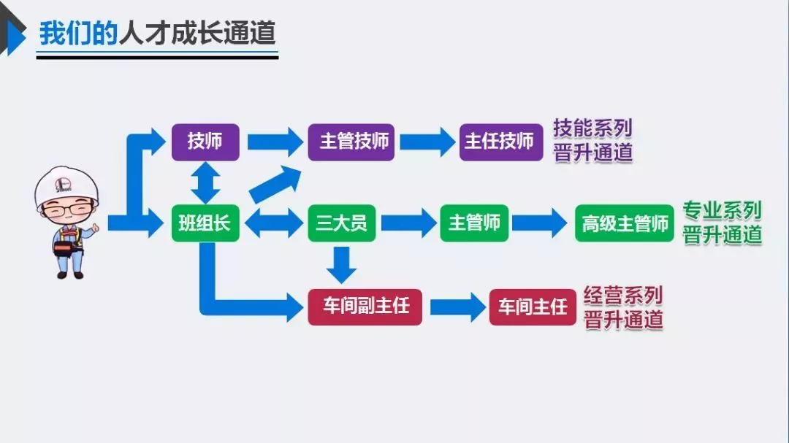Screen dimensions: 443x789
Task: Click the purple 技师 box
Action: coord(205,142)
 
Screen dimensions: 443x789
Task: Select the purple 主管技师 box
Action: coord(351,142)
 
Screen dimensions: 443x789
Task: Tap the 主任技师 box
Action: coord(500,142)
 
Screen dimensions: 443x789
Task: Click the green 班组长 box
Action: coord(205,223)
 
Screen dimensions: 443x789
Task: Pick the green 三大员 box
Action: coord(341,223)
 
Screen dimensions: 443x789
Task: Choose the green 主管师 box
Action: coord(474,223)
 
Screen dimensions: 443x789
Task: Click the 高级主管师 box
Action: coord(624,223)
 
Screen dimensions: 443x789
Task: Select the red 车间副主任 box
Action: coord(365,307)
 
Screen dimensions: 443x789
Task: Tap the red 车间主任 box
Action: coord(532,307)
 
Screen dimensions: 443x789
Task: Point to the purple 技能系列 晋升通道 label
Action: coord(592,141)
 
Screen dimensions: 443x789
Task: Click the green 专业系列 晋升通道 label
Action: coord(722,223)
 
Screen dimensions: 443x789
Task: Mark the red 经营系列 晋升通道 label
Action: coord(623,307)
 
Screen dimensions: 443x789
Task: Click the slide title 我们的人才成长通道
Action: coord(157,34)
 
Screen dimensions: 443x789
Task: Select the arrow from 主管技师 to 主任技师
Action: coord(427,142)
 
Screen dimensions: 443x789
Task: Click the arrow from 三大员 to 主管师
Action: coord(408,223)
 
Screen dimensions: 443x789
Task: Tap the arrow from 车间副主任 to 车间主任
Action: coord(457,307)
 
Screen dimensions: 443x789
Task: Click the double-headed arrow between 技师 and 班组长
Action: coord(205,182)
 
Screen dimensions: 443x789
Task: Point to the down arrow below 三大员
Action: coord(341,264)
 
